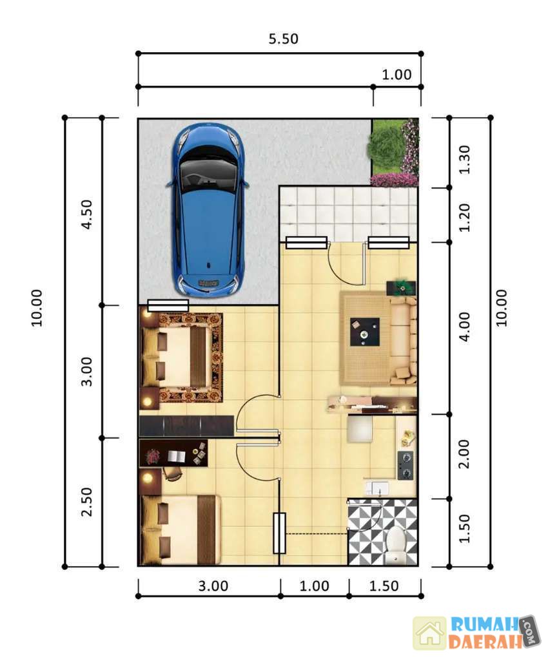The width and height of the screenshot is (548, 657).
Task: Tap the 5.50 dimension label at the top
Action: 284,39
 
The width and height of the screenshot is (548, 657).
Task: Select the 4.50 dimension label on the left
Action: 87,214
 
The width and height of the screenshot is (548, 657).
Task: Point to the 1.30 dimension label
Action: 465,159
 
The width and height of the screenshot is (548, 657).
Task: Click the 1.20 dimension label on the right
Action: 465,218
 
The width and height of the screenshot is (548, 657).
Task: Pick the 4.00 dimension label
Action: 465,327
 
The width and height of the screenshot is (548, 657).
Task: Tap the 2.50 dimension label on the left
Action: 87,502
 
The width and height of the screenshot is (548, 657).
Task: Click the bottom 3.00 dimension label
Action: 213,586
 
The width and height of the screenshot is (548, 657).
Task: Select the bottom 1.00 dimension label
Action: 314,586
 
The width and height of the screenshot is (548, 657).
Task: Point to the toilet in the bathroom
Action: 395,543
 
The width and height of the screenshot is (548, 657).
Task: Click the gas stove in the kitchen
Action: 406,465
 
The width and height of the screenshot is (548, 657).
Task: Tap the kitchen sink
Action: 377,488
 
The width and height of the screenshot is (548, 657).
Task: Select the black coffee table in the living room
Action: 365,332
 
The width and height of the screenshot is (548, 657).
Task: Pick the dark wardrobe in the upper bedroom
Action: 186,426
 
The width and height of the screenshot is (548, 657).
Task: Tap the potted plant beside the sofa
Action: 402,286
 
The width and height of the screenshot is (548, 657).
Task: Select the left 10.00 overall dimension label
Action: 37,308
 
